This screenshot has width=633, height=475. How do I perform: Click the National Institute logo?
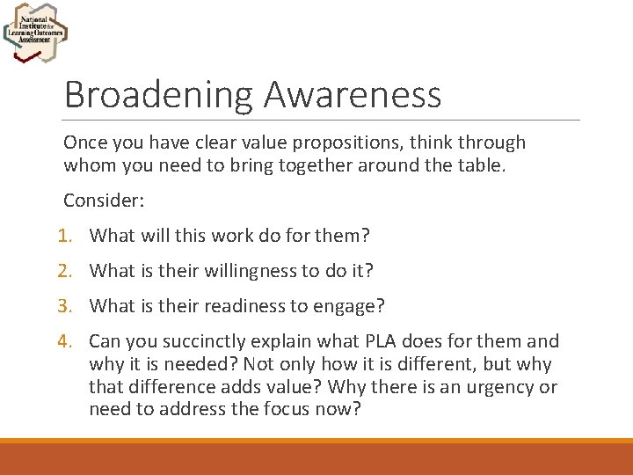click(35, 33)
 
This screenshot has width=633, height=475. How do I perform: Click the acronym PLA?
click(375, 341)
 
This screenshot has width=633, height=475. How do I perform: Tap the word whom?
click(88, 165)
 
